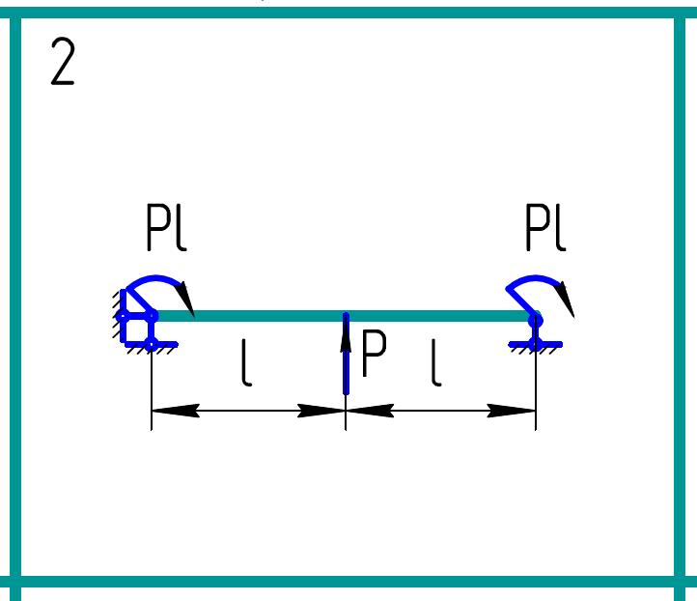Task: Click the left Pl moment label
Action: [165, 230]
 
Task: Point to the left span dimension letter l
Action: [247, 365]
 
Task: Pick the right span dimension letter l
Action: [436, 365]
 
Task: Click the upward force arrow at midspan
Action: [346, 358]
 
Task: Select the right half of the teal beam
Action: [439, 315]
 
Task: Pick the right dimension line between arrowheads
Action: [440, 410]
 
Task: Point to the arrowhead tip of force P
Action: [346, 323]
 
